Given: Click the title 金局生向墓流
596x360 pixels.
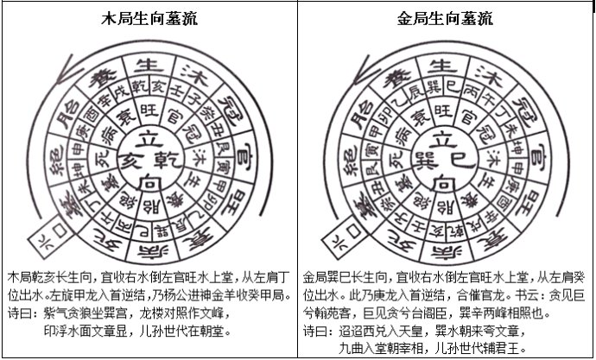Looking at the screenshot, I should point(446,16).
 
